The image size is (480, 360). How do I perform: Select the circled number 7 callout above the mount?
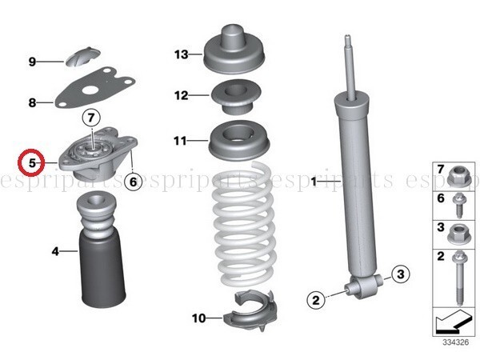click(91, 118)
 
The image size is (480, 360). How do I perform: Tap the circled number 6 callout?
click(133, 182)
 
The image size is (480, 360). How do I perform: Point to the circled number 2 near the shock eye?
click(316, 300)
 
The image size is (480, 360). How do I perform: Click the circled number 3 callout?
click(401, 274)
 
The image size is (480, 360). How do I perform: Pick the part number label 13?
click(182, 54)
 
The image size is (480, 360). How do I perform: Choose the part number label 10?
click(199, 318)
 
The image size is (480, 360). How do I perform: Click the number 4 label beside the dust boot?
click(55, 251)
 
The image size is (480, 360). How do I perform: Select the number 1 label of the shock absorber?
click(314, 182)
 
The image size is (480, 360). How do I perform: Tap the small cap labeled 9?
click(83, 57)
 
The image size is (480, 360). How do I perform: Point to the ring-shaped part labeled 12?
click(235, 97)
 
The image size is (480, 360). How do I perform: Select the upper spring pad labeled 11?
click(238, 142)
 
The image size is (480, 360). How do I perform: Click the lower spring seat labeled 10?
click(250, 310)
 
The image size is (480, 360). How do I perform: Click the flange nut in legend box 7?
click(459, 176)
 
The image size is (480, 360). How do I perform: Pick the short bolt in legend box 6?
click(458, 205)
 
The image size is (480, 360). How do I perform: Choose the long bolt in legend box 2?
click(460, 278)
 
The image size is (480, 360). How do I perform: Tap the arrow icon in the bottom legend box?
click(454, 322)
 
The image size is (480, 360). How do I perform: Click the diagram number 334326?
click(455, 342)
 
